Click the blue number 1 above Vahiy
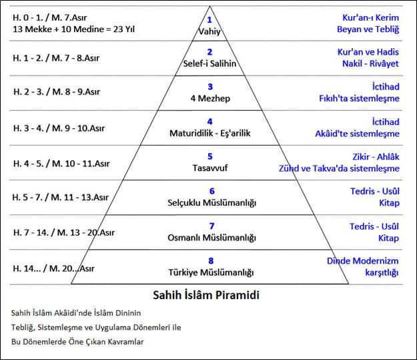[210, 20]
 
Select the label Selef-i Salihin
[210, 63]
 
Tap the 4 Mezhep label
[210, 98]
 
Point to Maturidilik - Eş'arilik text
[210, 133]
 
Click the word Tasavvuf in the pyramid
[210, 168]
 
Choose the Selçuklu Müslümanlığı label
[212, 202]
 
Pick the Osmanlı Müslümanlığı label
[212, 238]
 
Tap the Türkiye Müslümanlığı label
[211, 273]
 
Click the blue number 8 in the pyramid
[211, 260]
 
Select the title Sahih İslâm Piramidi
[206, 295]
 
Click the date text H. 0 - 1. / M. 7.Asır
[50, 17]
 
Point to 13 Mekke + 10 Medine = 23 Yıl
[73, 29]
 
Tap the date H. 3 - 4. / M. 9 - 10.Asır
[59, 128]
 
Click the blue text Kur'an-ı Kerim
[370, 17]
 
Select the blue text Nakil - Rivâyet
[370, 63]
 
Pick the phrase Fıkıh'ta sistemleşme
[359, 99]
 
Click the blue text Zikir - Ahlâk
[376, 156]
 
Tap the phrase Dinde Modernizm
[362, 260]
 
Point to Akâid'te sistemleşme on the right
[357, 134]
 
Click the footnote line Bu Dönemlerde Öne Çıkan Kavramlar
[77, 341]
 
